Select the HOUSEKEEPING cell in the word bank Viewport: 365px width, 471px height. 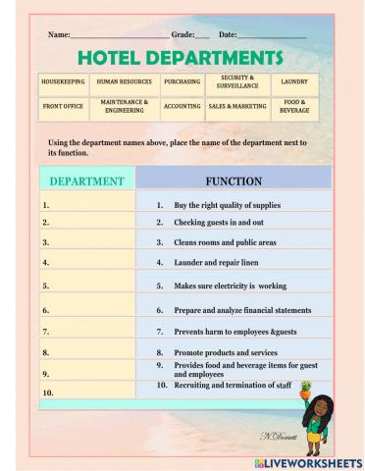[64, 82]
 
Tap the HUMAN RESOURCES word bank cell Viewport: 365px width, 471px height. [125, 82]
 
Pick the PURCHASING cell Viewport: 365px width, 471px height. [182, 82]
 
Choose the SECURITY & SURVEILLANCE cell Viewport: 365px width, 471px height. [236, 81]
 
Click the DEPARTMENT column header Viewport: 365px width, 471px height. [86, 182]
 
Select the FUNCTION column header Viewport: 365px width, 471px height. [234, 182]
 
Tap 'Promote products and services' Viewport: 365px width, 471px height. [226, 352]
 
